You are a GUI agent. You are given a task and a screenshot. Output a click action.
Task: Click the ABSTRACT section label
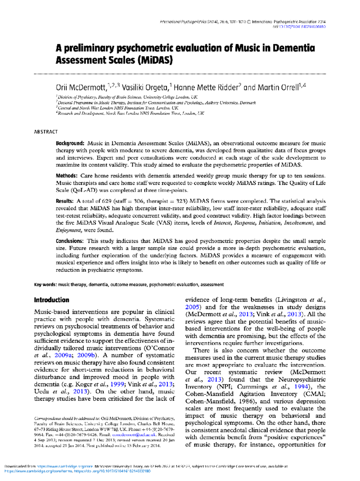pos(46,132)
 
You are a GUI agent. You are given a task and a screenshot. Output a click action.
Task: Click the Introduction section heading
pos(52,300)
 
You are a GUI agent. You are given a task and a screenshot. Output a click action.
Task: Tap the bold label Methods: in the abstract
pos(67,176)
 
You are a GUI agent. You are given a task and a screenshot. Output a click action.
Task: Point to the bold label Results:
pos(64,201)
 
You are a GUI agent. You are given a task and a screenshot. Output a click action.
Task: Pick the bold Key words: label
pos(45,285)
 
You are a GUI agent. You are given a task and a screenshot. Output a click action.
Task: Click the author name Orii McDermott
pos(81,88)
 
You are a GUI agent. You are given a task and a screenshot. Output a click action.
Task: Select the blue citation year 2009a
pos(63,355)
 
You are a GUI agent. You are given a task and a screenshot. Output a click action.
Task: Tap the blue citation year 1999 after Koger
pos(117,384)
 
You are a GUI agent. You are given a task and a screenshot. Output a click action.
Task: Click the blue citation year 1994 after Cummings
pos(301,387)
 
